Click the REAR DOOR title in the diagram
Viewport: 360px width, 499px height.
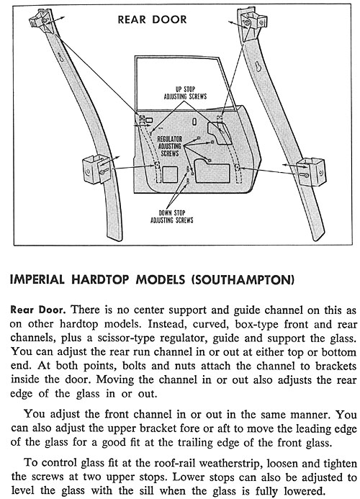pos(152,19)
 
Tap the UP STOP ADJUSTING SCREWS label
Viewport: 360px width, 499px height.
pos(185,93)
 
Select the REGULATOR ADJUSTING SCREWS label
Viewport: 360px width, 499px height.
pos(170,146)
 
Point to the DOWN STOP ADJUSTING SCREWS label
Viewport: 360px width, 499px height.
pos(171,217)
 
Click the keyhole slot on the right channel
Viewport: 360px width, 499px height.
pos(258,66)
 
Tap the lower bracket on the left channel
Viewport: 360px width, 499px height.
pos(96,168)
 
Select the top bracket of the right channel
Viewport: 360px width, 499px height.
pos(253,22)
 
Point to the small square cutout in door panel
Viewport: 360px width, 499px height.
pos(170,174)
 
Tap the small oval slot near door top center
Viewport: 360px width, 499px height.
pos(194,122)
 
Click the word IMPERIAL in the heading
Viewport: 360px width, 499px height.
pos(37,279)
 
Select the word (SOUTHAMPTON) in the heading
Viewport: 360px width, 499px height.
pos(243,279)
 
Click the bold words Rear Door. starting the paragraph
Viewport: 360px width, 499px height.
pos(38,310)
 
